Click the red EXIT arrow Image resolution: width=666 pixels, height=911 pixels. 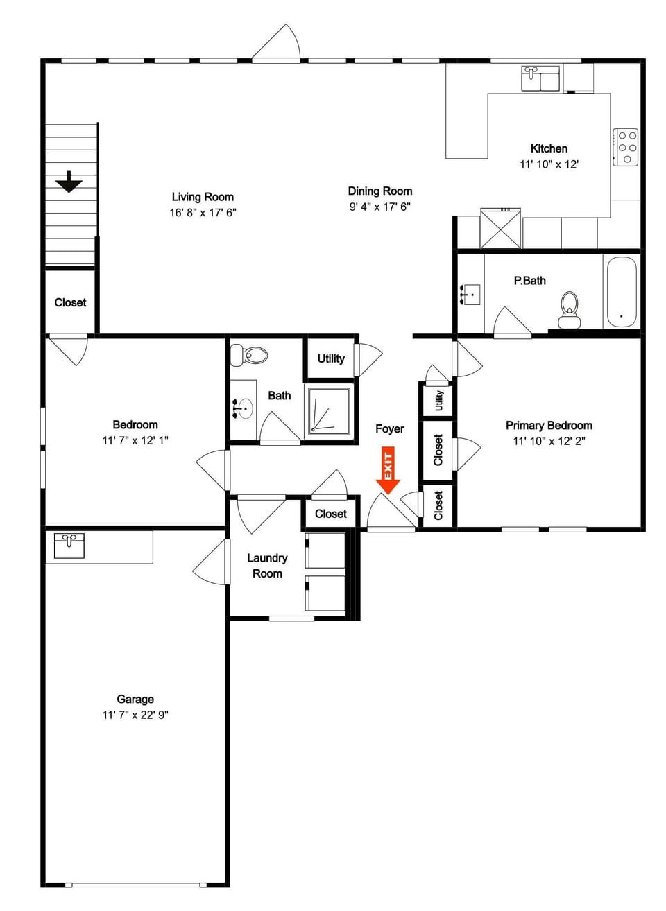pyautogui.click(x=388, y=470)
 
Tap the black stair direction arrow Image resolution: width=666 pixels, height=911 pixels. pyautogui.click(x=69, y=182)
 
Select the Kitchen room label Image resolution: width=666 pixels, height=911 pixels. pyautogui.click(x=549, y=149)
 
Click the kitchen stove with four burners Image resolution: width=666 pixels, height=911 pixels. pyautogui.click(x=626, y=147)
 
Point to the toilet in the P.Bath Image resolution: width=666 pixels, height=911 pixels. pyautogui.click(x=569, y=310)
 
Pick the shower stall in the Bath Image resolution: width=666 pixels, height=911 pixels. pyautogui.click(x=329, y=411)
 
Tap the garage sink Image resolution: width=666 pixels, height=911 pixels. pyautogui.click(x=69, y=546)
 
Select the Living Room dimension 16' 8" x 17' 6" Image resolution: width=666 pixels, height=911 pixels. pyautogui.click(x=203, y=213)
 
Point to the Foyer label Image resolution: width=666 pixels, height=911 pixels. pyautogui.click(x=390, y=428)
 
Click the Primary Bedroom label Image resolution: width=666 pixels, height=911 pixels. pyautogui.click(x=549, y=426)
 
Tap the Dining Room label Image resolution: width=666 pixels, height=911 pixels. pyautogui.click(x=380, y=191)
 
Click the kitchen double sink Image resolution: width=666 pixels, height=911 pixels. pyautogui.click(x=540, y=78)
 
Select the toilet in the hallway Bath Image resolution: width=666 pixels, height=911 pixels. pyautogui.click(x=249, y=356)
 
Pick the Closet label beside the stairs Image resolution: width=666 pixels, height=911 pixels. pyautogui.click(x=70, y=302)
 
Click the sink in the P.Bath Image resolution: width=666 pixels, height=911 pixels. pyautogui.click(x=470, y=295)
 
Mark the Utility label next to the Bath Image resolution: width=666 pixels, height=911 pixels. pyautogui.click(x=331, y=358)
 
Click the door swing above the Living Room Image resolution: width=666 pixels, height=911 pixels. pyautogui.click(x=277, y=43)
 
